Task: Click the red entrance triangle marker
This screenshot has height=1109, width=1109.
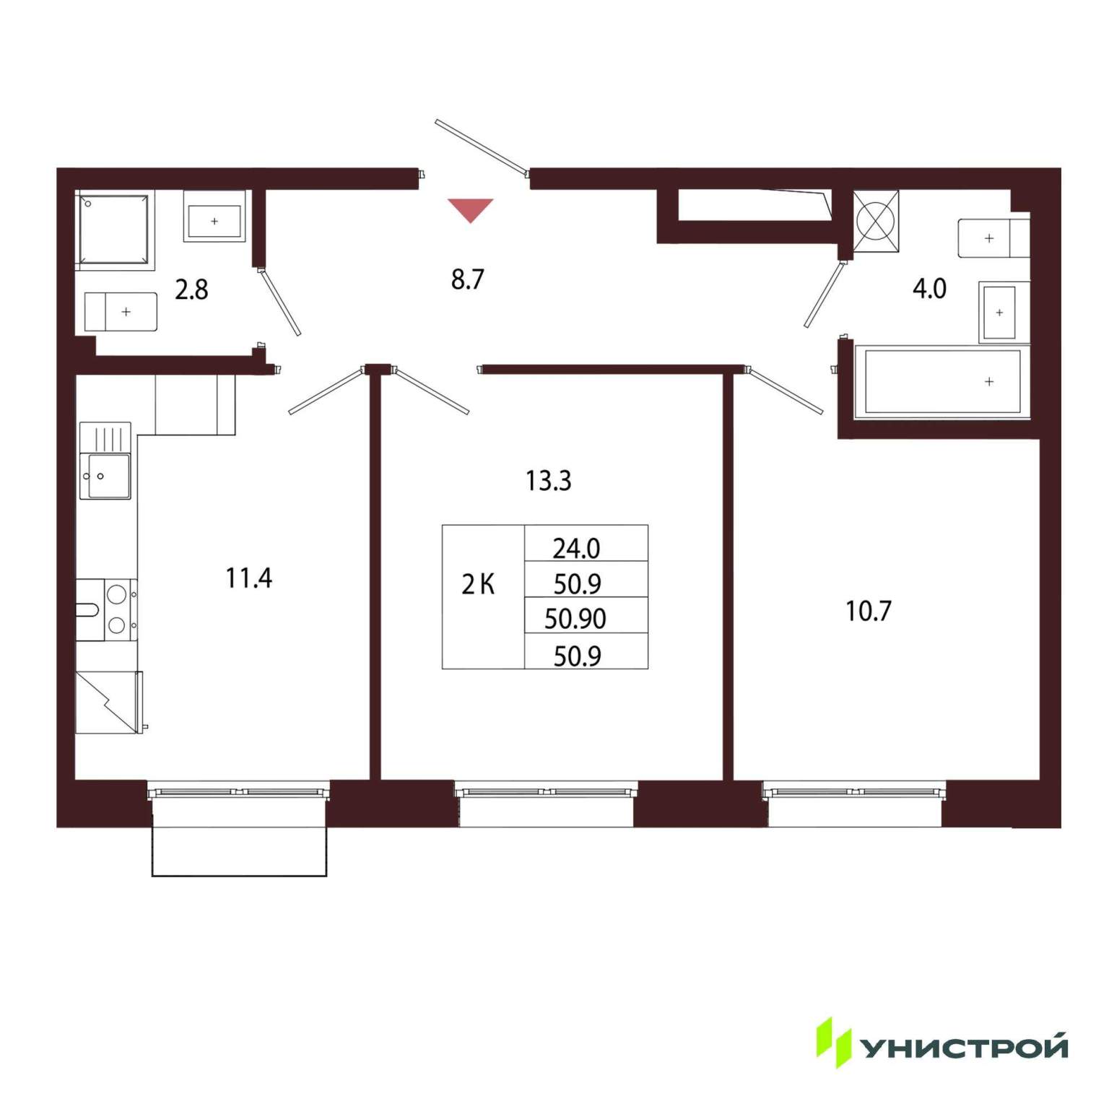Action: tap(470, 210)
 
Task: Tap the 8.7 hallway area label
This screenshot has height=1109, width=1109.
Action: tap(467, 279)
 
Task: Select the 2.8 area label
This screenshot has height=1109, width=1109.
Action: tap(191, 290)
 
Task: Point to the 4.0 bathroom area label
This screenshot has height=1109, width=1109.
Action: tap(929, 289)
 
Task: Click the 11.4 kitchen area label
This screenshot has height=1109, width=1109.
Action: tap(248, 578)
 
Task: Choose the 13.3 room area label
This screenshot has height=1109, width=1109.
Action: tap(548, 481)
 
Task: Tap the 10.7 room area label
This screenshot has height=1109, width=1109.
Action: tap(868, 612)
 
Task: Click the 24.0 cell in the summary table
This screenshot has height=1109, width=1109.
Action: tap(576, 549)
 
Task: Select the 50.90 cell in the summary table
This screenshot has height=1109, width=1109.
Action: tap(575, 619)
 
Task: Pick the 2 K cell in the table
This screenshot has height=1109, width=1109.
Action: tap(478, 584)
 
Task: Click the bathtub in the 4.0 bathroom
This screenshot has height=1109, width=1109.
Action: tap(942, 381)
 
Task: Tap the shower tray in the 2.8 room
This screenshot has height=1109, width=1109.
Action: tap(115, 230)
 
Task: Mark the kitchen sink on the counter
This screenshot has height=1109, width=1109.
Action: tap(105, 461)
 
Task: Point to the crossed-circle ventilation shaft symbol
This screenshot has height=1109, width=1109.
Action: tap(876, 222)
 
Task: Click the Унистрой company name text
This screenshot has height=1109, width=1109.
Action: tap(965, 1046)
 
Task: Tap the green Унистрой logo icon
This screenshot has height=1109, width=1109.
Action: tap(833, 1042)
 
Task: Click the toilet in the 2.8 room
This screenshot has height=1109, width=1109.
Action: tap(121, 312)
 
